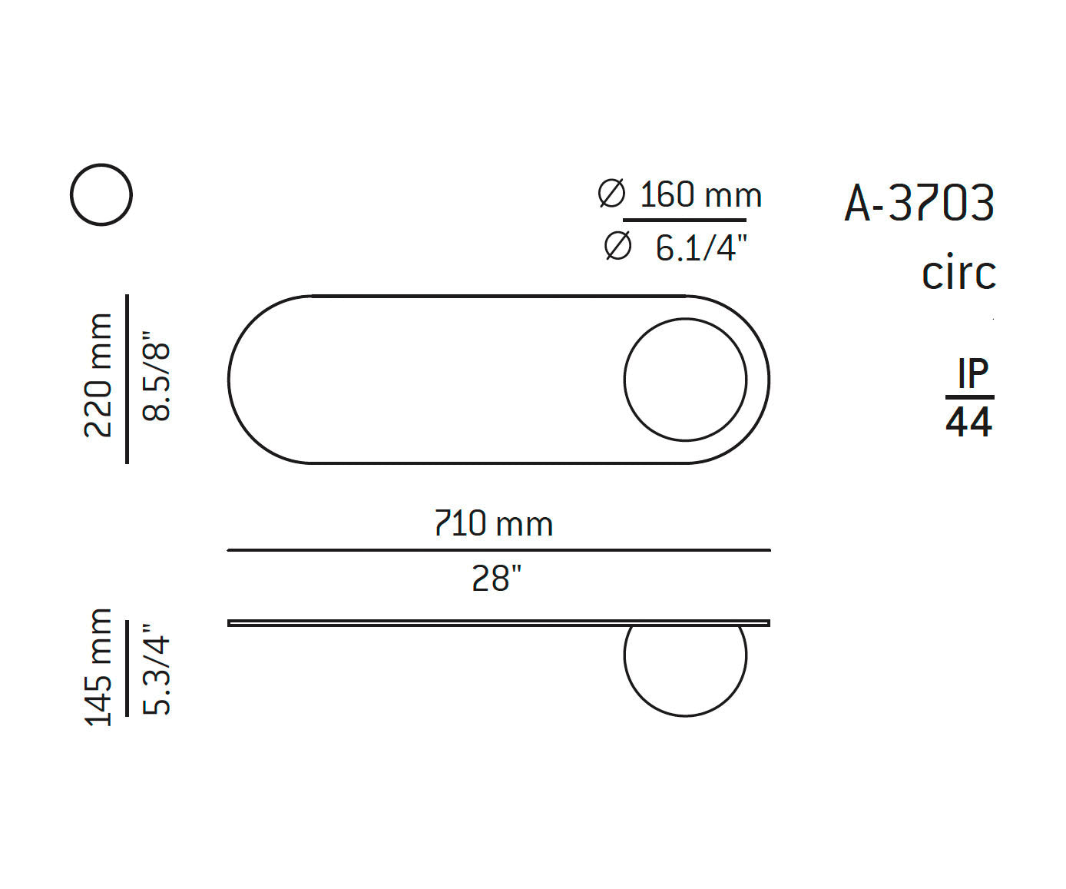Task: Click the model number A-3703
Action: tap(919, 204)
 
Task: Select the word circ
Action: tap(958, 274)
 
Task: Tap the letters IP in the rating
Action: tap(972, 374)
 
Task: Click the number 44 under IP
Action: tap(969, 423)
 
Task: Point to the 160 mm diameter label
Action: tap(700, 195)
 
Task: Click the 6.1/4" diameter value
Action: tap(701, 248)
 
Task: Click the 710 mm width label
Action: tap(494, 524)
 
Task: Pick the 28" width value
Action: tap(497, 579)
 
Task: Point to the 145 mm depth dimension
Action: tap(98, 667)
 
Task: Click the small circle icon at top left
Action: tap(101, 194)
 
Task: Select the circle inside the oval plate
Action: tap(685, 380)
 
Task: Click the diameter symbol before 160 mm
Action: tap(611, 194)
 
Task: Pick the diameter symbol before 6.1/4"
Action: tap(617, 247)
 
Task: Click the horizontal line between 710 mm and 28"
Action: tap(498, 550)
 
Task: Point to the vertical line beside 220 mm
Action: tap(127, 379)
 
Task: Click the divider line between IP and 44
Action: tap(969, 397)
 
